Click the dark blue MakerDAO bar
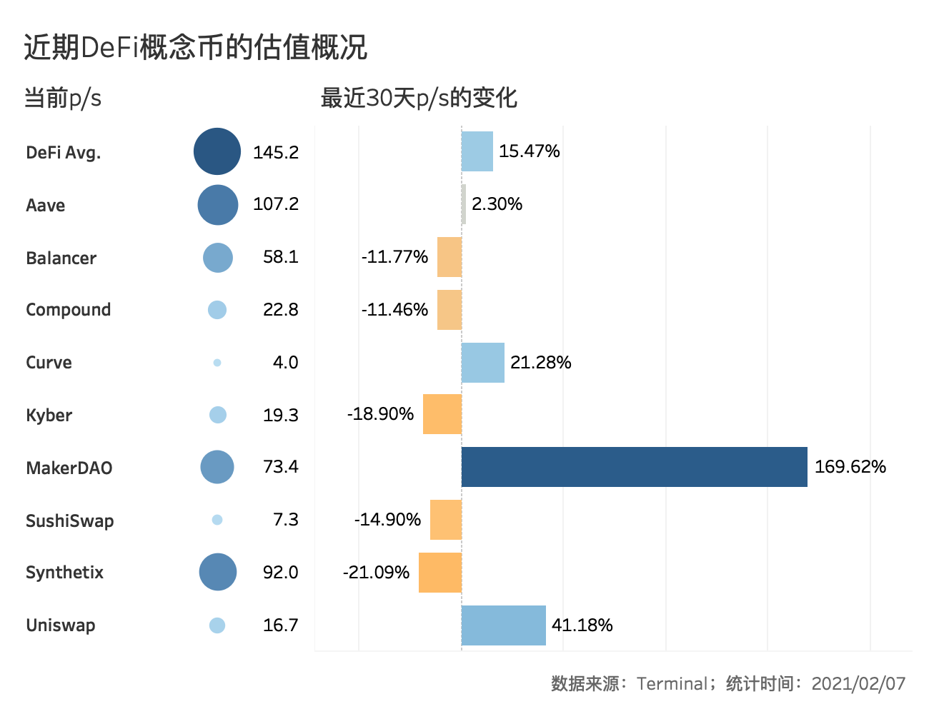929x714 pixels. click(x=635, y=467)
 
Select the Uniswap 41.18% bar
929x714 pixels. click(x=504, y=625)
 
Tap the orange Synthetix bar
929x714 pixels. click(x=440, y=573)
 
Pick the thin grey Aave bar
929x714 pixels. click(x=464, y=204)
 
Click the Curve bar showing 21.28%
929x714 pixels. click(x=483, y=363)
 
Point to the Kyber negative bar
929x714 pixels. click(x=442, y=414)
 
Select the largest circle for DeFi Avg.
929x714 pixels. click(x=217, y=151)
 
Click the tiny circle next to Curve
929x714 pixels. click(x=217, y=363)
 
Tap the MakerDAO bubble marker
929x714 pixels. click(x=217, y=467)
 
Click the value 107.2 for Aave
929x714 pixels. click(x=276, y=204)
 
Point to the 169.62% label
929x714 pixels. click(x=850, y=467)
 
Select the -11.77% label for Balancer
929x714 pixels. click(x=394, y=257)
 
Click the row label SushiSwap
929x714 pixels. click(x=70, y=521)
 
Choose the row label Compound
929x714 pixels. click(x=69, y=310)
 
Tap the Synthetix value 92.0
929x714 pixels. click(x=280, y=573)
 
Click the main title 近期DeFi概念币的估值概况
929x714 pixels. click(x=195, y=47)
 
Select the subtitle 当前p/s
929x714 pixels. click(x=63, y=98)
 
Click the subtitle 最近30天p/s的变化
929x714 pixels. click(x=419, y=98)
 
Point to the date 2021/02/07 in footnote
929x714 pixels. click(x=858, y=683)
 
